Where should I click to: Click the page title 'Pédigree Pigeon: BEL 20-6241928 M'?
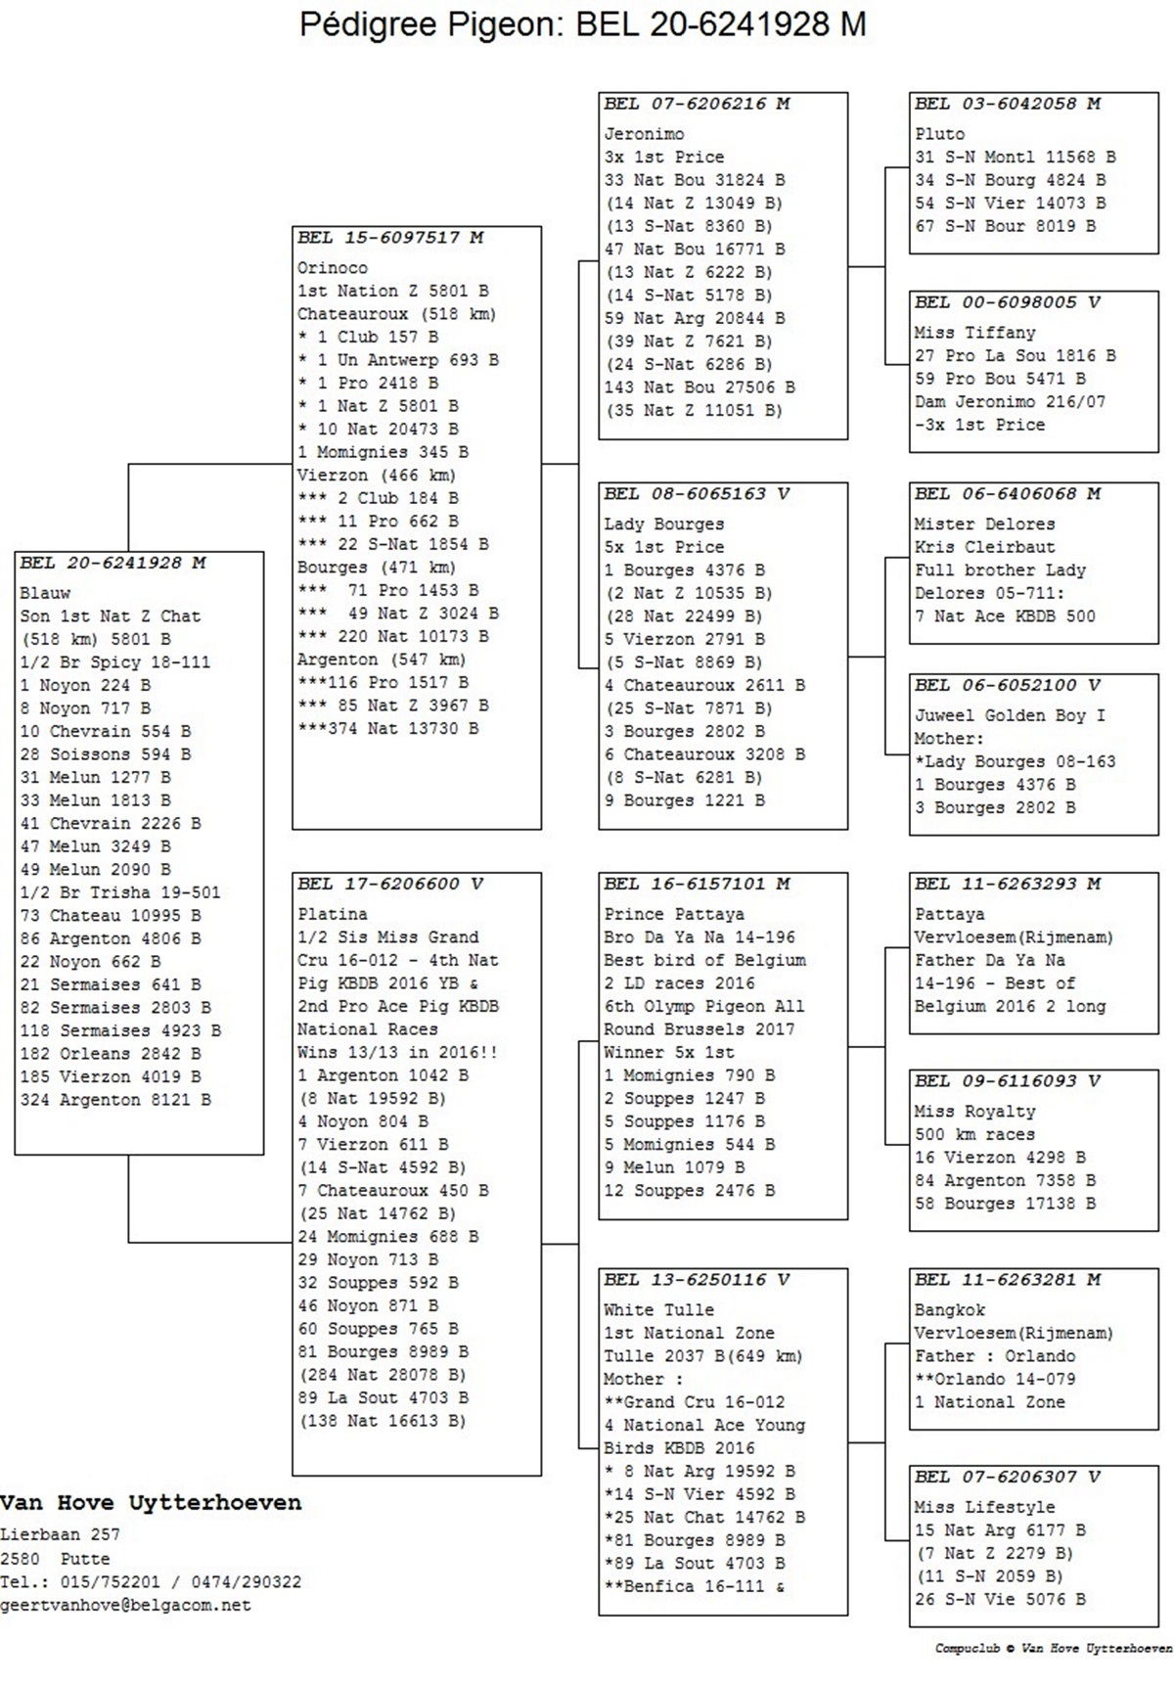point(583,24)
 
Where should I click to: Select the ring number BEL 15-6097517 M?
point(390,238)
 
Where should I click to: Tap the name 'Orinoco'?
point(333,268)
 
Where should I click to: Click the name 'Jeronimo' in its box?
point(644,134)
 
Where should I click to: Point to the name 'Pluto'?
point(939,134)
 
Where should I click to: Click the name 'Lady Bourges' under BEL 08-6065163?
point(663,524)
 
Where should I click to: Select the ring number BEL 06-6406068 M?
point(1008,494)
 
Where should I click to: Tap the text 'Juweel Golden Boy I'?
point(1010,715)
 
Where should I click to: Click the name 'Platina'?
point(333,914)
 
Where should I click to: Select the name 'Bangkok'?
point(949,1310)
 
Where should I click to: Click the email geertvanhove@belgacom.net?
point(125,1606)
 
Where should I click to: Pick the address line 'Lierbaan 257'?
point(60,1534)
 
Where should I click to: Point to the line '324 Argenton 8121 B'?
point(115,1100)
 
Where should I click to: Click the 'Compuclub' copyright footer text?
point(1054,1649)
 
